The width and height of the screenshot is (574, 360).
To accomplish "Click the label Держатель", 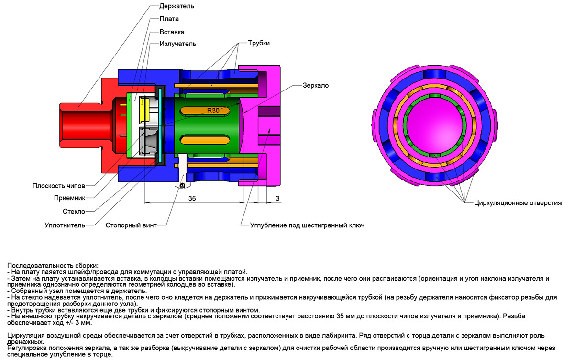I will (177, 7).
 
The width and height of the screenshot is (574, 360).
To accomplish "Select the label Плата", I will (169, 19).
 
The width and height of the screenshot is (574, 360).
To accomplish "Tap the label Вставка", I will (172, 32).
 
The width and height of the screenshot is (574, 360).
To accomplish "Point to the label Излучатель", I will (177, 44).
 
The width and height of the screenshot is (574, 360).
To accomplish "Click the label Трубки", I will (259, 43).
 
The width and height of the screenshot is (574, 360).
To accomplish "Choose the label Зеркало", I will (315, 85).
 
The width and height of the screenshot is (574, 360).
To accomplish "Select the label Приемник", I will (69, 198).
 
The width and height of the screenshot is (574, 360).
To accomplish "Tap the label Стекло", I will (74, 211).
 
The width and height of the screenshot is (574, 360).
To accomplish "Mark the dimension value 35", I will (192, 198).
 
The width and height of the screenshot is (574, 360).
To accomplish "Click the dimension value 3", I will (277, 198).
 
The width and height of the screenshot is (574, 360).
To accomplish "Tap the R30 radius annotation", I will (213, 110).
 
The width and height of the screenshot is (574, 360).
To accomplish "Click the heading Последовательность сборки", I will (53, 265).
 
